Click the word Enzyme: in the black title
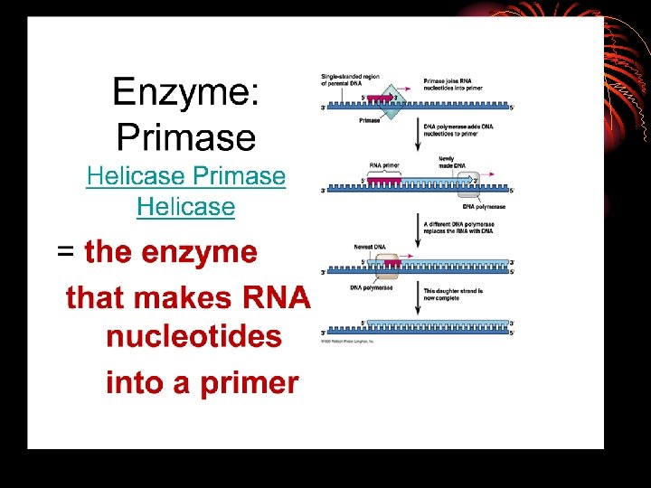click(x=185, y=93)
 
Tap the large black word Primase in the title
click(x=186, y=137)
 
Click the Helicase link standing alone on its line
click(x=185, y=207)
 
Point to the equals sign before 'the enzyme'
click(x=66, y=253)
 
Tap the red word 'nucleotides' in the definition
click(x=193, y=337)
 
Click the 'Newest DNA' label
click(x=371, y=246)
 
